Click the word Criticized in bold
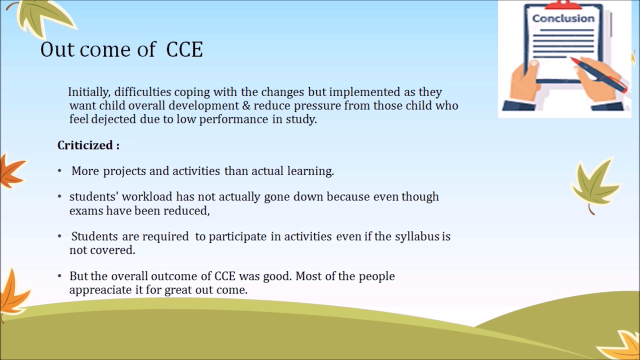84,145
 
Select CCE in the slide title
184,50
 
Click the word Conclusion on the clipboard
563,18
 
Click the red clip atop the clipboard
563,5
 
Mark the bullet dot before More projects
59,171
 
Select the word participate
237,236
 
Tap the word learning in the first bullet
310,171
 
